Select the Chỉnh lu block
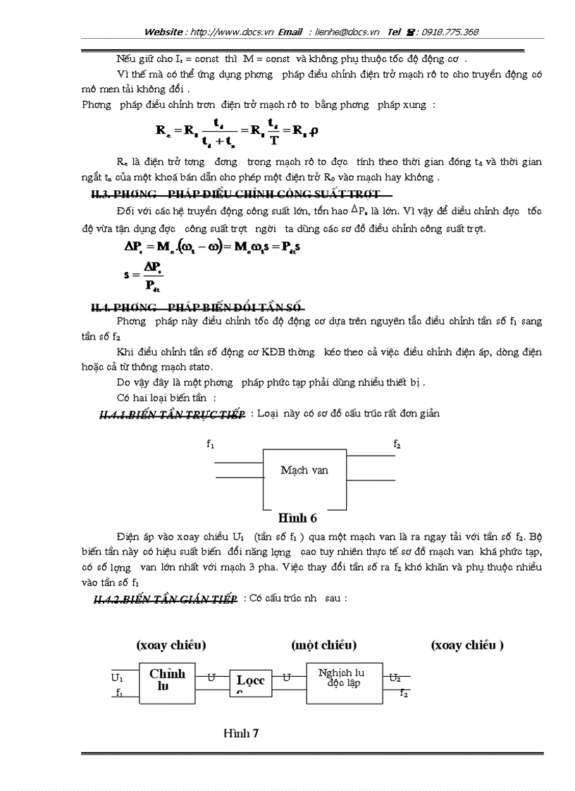pyautogui.click(x=168, y=680)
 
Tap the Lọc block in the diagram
pyautogui.click(x=250, y=682)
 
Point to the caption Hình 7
pyautogui.click(x=242, y=733)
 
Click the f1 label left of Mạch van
pyautogui.click(x=211, y=444)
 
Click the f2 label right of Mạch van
pyautogui.click(x=397, y=444)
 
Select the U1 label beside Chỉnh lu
pyautogui.click(x=117, y=677)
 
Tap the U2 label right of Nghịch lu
pyautogui.click(x=395, y=677)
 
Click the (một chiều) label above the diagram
pyautogui.click(x=323, y=644)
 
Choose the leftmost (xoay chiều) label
pyautogui.click(x=171, y=644)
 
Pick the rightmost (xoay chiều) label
pyautogui.click(x=468, y=644)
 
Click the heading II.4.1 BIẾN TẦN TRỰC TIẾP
pyautogui.click(x=173, y=414)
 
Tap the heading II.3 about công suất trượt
pyautogui.click(x=236, y=194)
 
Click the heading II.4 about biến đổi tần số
pyautogui.click(x=197, y=307)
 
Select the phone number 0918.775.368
pyautogui.click(x=451, y=32)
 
